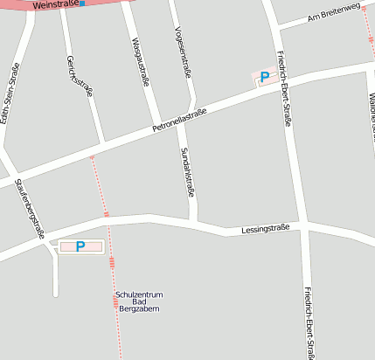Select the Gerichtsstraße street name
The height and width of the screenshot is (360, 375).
79,78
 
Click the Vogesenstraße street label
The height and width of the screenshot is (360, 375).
183,50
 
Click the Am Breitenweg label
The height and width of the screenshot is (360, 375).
333,12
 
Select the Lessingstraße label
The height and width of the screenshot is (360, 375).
265,229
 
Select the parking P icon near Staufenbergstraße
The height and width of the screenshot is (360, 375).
80,247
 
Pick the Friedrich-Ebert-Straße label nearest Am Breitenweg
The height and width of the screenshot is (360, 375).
284,88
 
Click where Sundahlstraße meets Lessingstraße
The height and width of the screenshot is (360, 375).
193,221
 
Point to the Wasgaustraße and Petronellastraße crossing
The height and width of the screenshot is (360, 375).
156,126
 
